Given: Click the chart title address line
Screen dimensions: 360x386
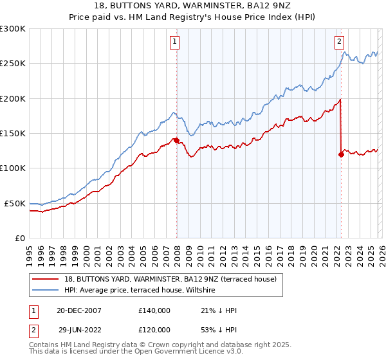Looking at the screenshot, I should [x=193, y=6].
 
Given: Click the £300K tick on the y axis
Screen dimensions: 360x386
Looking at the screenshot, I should [x=13, y=29].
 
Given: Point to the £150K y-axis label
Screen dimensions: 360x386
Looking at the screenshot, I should [x=13, y=133].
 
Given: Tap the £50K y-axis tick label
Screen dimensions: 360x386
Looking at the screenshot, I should [x=15, y=203].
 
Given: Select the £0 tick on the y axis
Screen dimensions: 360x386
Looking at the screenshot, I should [x=20, y=238].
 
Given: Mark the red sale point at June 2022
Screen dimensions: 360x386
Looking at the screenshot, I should [x=341, y=154].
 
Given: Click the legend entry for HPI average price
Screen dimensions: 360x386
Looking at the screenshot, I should [x=142, y=291].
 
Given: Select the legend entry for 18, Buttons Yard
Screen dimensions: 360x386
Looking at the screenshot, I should [x=170, y=279].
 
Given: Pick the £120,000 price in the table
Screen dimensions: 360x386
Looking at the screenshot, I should [x=154, y=329].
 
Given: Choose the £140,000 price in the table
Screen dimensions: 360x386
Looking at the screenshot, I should [x=154, y=310].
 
